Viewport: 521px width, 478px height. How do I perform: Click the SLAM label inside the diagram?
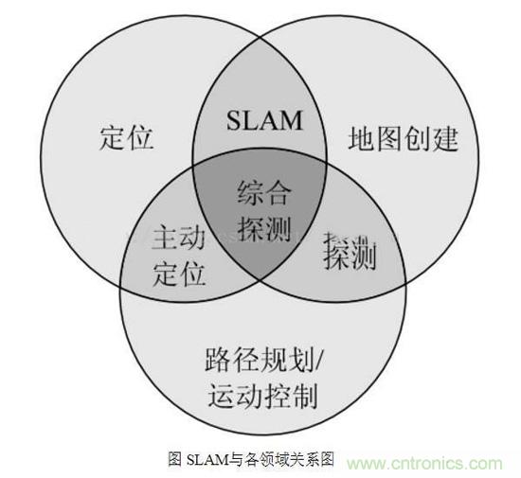pyautogui.click(x=264, y=120)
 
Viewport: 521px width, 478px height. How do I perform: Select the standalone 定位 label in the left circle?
pyautogui.click(x=126, y=137)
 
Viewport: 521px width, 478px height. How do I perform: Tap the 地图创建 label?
pyautogui.click(x=404, y=138)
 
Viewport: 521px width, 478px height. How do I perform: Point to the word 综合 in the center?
pyautogui.click(x=264, y=192)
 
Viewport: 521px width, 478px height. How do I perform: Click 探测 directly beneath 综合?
pyautogui.click(x=264, y=228)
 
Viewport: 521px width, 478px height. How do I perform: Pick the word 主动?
pyautogui.click(x=178, y=238)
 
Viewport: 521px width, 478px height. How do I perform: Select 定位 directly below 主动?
pyautogui.click(x=178, y=274)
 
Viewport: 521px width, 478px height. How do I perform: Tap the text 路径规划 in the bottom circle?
pyautogui.click(x=260, y=360)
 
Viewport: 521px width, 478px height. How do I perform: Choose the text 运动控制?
pyautogui.click(x=262, y=395)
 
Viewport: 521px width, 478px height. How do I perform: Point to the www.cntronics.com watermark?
pyautogui.click(x=425, y=463)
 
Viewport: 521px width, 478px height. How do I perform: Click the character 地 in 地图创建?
pyautogui.click(x=362, y=138)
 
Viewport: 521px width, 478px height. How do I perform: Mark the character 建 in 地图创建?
pyautogui.click(x=445, y=138)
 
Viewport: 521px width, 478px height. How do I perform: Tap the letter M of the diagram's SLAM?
pyautogui.click(x=291, y=120)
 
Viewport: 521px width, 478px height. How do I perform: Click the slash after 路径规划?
pyautogui.click(x=318, y=360)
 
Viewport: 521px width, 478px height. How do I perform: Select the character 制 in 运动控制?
pyautogui.click(x=304, y=395)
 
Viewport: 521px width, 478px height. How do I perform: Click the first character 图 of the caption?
pyautogui.click(x=175, y=459)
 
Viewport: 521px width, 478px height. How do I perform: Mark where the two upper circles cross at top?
pyautogui.click(x=260, y=38)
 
